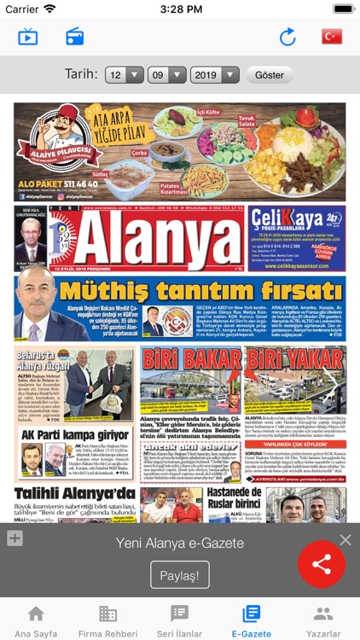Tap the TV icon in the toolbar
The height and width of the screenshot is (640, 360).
pos(28,36)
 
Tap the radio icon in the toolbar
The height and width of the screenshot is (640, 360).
pos(75,36)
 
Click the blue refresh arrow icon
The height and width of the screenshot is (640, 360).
pos(287,36)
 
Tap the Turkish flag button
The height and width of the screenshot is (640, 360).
pos(331,36)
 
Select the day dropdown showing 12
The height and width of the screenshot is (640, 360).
pos(125,74)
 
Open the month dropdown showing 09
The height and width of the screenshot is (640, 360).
pos(166,74)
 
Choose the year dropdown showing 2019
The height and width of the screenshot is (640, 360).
pos(214,74)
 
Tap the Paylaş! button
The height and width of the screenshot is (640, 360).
pos(180,575)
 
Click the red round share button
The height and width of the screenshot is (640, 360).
pos(322,564)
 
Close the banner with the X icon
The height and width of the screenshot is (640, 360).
pos(345,539)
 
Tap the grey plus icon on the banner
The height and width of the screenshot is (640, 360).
pos(15,538)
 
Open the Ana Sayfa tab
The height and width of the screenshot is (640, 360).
pos(36,620)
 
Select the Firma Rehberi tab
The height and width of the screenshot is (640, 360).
pos(107,620)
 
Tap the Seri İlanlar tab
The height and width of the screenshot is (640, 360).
pos(179,620)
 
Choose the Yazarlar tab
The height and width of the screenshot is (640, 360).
pos(323,620)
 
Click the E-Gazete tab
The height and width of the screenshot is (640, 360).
pos(251,620)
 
